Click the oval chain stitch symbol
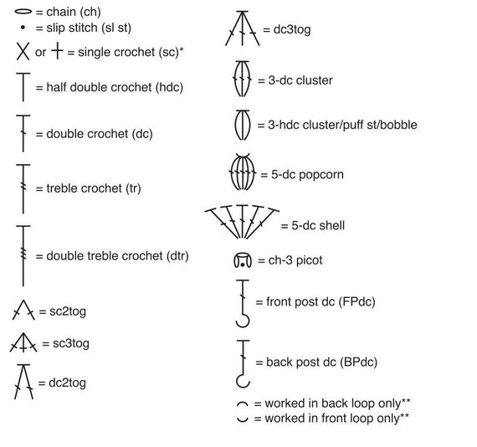tap(23, 12)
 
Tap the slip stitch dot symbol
tap(23, 28)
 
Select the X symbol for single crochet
tap(23, 51)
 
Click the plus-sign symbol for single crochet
tap(57, 50)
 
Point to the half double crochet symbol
tap(23, 87)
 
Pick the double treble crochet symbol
tap(23, 255)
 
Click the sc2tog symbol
tap(23, 310)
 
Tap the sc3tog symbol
tap(23, 342)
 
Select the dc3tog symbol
tap(243, 28)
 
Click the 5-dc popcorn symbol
tap(243, 172)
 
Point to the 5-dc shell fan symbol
tap(242, 222)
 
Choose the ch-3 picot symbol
tap(243, 260)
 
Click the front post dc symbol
tap(243, 303)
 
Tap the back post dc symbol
tap(243, 363)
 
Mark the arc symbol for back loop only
tap(243, 403)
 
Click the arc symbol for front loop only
tap(243, 420)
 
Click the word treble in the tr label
tap(64, 188)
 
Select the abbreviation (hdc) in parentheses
tap(169, 87)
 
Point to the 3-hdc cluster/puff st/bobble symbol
tap(243, 125)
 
